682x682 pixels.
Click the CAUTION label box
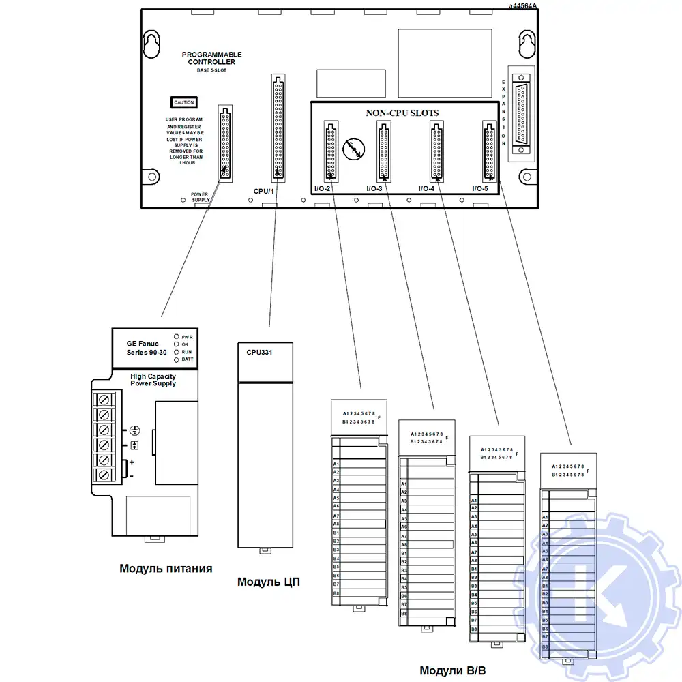point(183,102)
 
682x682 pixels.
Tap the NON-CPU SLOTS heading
point(402,113)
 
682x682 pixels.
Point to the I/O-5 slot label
point(480,188)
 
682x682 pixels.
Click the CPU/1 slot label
point(263,191)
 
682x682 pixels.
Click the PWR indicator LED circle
point(177,337)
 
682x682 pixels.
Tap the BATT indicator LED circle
point(177,359)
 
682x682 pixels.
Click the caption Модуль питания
point(166,568)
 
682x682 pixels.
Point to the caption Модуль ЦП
point(269,582)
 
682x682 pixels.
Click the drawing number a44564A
point(522,5)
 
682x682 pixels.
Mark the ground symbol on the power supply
point(135,431)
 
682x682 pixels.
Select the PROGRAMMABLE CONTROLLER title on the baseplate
point(211,58)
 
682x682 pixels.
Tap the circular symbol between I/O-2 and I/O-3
point(353,148)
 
